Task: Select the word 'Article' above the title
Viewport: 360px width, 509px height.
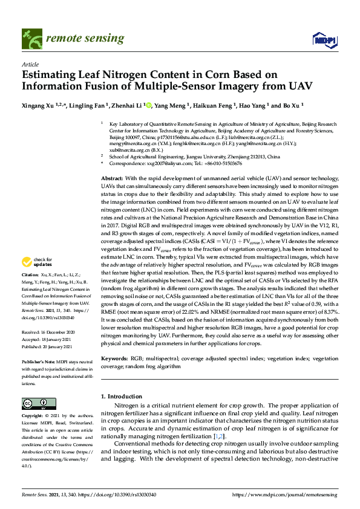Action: coord(30,64)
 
